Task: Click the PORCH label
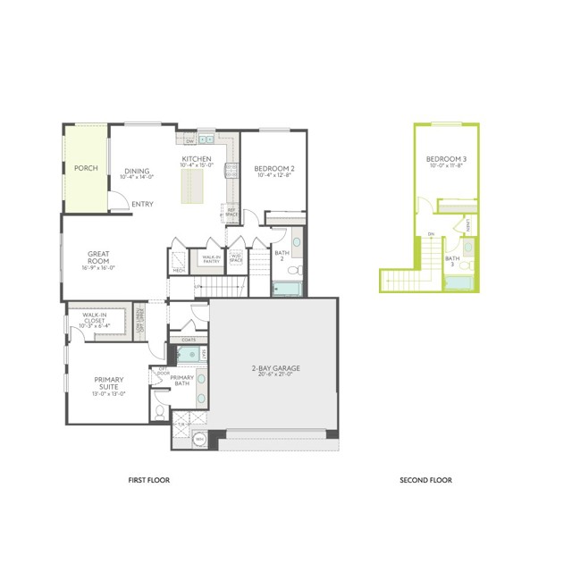tap(86, 168)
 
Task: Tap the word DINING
tap(137, 171)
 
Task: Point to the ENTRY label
tap(142, 204)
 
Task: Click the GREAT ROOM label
tap(98, 257)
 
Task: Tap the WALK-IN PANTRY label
tap(212, 258)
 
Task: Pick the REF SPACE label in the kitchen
tap(231, 214)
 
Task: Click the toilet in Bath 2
tap(298, 271)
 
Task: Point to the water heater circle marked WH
tap(199, 440)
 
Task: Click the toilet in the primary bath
tap(158, 412)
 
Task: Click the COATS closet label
tap(189, 340)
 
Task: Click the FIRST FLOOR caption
tap(150, 480)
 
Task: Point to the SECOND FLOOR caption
tap(425, 480)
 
